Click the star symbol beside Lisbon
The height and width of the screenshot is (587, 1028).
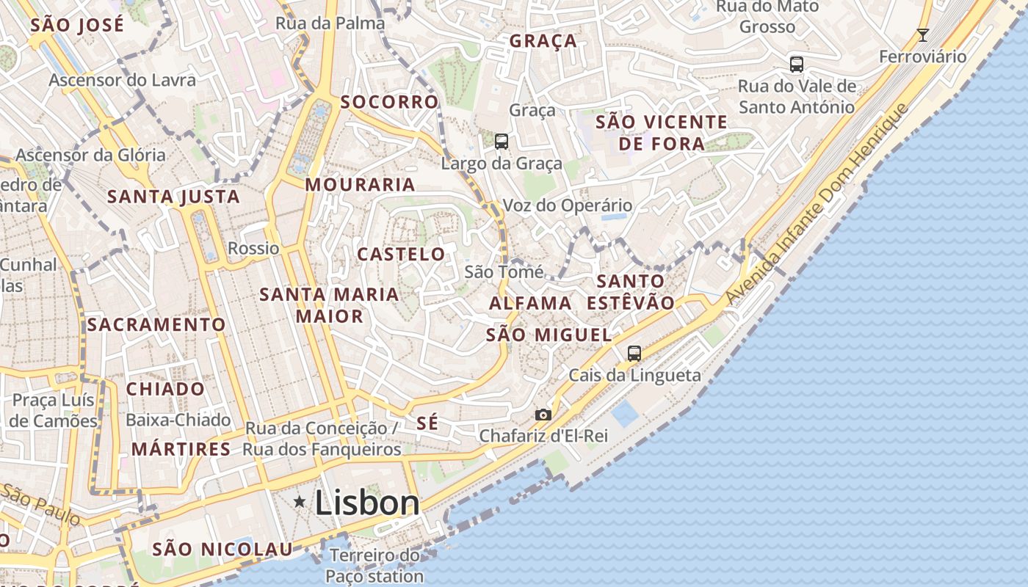(x=300, y=502)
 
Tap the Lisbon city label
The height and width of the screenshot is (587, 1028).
(x=367, y=503)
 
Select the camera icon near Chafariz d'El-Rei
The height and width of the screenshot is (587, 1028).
(x=543, y=415)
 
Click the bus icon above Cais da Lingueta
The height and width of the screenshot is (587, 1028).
(x=634, y=353)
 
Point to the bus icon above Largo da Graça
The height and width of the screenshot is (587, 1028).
(x=502, y=141)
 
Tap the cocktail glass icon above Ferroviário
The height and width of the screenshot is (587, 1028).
(x=923, y=34)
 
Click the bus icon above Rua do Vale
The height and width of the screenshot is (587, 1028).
(x=797, y=64)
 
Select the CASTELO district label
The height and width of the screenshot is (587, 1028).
(x=401, y=255)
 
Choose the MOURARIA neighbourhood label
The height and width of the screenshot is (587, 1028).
(x=361, y=184)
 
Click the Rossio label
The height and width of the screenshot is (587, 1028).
(x=253, y=248)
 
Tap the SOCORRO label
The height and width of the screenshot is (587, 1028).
(x=389, y=102)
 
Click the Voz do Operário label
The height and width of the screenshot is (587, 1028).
(x=568, y=205)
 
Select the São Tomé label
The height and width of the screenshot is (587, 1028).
(x=504, y=272)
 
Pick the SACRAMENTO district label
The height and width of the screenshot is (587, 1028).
(x=156, y=324)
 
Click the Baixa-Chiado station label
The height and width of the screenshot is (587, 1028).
(x=178, y=420)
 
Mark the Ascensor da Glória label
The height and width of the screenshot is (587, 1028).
(x=91, y=155)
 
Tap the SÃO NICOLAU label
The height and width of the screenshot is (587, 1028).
(x=222, y=549)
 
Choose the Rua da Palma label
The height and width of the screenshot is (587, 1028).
(x=330, y=23)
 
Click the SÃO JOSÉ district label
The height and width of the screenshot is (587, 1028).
(x=77, y=25)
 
